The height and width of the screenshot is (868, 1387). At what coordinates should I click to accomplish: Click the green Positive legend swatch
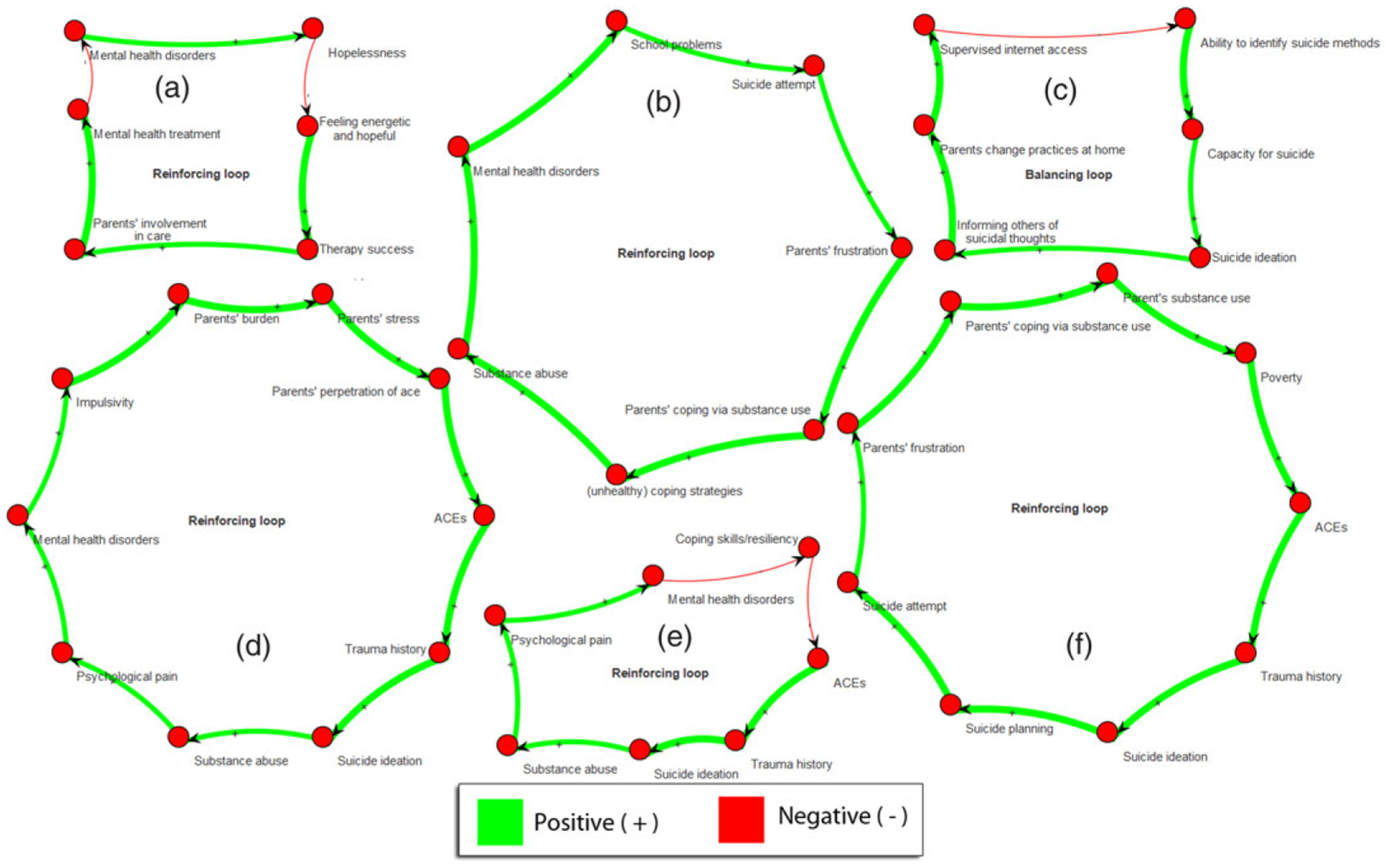pyautogui.click(x=499, y=821)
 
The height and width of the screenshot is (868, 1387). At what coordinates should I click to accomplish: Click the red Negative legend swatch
pyautogui.click(x=741, y=819)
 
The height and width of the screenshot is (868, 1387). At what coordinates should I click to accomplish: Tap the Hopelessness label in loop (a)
pyautogui.click(x=367, y=53)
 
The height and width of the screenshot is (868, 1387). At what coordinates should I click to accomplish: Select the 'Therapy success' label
pyautogui.click(x=366, y=249)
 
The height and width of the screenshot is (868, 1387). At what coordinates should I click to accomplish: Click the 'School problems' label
pyautogui.click(x=676, y=45)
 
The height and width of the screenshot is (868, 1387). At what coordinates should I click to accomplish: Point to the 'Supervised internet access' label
pyautogui.click(x=1013, y=49)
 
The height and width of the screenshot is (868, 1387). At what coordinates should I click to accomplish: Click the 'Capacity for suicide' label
pyautogui.click(x=1261, y=154)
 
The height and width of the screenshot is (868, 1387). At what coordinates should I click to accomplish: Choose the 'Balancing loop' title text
pyautogui.click(x=1068, y=175)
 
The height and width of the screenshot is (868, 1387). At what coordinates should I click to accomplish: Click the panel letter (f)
pyautogui.click(x=1079, y=644)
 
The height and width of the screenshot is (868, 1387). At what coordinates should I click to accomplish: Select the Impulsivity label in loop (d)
pyautogui.click(x=105, y=402)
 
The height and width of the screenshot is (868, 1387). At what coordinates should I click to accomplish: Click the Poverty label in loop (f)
pyautogui.click(x=1281, y=378)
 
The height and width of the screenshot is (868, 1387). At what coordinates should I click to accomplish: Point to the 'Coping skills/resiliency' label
pyautogui.click(x=736, y=539)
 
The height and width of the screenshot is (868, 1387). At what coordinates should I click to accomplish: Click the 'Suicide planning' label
pyautogui.click(x=1009, y=728)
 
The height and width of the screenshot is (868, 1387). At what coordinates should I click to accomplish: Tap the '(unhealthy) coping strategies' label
pyautogui.click(x=664, y=491)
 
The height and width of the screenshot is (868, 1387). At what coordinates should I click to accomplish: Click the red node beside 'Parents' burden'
pyautogui.click(x=178, y=294)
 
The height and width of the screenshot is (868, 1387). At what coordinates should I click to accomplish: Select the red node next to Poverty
pyautogui.click(x=1245, y=353)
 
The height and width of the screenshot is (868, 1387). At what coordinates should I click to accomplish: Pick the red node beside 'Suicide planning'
pyautogui.click(x=951, y=704)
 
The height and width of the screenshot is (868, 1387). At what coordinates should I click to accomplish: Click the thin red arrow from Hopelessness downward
pyautogui.click(x=310, y=77)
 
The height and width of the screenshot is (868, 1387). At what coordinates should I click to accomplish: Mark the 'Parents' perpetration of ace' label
pyautogui.click(x=345, y=392)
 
